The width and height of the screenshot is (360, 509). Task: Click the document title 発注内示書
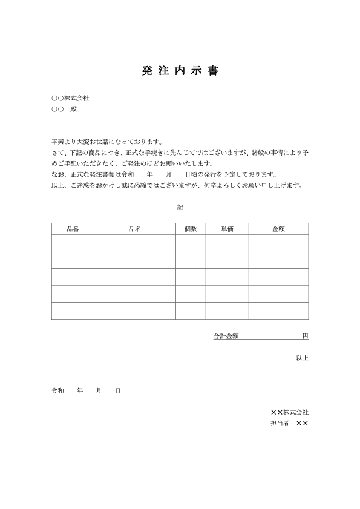pyautogui.click(x=180, y=71)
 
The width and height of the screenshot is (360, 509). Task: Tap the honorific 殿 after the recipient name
pyautogui.click(x=74, y=110)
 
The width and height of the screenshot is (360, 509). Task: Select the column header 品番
pyautogui.click(x=73, y=229)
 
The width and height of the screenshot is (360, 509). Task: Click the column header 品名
pyautogui.click(x=135, y=229)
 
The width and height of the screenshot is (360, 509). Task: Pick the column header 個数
pyautogui.click(x=191, y=229)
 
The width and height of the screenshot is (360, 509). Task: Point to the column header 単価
pyautogui.click(x=227, y=229)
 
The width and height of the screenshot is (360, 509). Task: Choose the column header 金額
pyautogui.click(x=278, y=229)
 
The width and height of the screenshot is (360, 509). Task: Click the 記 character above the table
pyautogui.click(x=180, y=207)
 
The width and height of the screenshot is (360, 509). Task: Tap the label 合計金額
pyautogui.click(x=226, y=336)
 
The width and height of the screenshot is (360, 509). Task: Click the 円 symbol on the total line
pyautogui.click(x=306, y=336)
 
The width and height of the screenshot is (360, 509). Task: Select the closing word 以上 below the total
pyautogui.click(x=302, y=358)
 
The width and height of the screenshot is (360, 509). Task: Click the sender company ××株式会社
pyautogui.click(x=289, y=412)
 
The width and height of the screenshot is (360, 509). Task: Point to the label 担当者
pyautogui.click(x=280, y=424)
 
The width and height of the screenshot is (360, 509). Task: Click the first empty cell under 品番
pyautogui.click(x=73, y=242)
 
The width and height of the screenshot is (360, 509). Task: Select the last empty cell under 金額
pyautogui.click(x=278, y=310)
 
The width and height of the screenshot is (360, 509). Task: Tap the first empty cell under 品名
pyautogui.click(x=135, y=242)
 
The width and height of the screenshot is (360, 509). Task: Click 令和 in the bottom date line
pyautogui.click(x=57, y=391)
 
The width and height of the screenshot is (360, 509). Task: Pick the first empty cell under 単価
pyautogui.click(x=227, y=242)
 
